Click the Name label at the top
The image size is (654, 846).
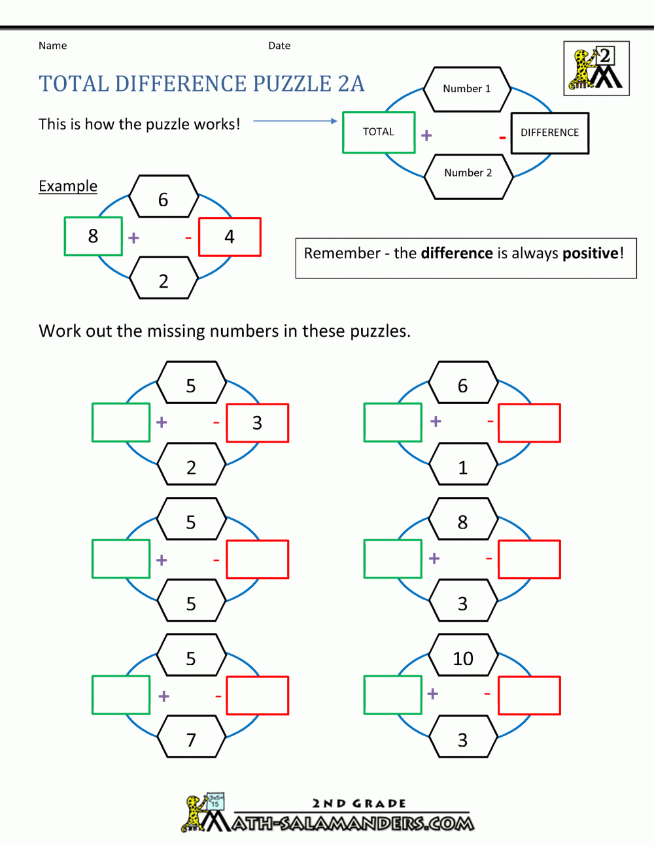coord(52,46)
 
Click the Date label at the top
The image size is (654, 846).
coord(279,46)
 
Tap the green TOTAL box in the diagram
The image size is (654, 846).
coord(379,132)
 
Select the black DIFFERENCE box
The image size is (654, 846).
coord(549,133)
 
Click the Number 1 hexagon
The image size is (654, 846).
coord(467,89)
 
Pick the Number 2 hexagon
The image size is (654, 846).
coord(468,173)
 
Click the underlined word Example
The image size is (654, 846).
coord(68,186)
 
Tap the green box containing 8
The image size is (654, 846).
coord(93,236)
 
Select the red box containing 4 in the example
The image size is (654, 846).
coord(230,237)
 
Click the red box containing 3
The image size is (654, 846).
coord(257,423)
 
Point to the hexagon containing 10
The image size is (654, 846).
coord(463,658)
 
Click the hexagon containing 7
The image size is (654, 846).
coord(191,739)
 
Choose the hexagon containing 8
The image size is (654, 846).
coord(463,522)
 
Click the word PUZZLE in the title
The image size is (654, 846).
coord(292,84)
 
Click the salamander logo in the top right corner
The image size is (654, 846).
coord(596,69)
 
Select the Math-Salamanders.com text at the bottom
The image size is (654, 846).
coord(353,823)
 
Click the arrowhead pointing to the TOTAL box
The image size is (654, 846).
coord(334,121)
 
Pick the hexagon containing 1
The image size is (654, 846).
coord(463,467)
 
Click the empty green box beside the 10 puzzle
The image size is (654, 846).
coord(392,695)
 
